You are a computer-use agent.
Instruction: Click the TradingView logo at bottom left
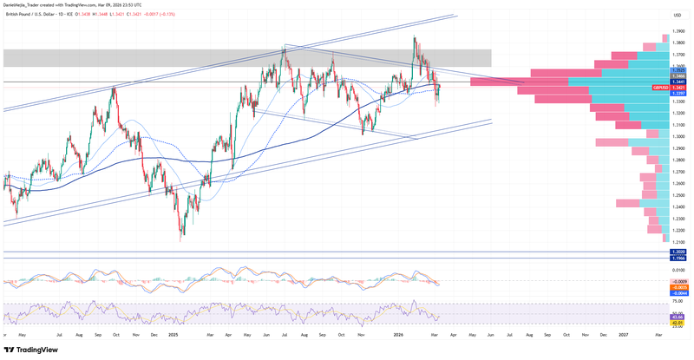click(x=35, y=350)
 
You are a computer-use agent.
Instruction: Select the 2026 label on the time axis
click(x=398, y=333)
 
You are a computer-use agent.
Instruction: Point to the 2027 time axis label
click(x=624, y=333)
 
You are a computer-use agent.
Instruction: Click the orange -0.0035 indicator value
click(x=679, y=286)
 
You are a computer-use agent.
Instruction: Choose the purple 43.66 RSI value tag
click(x=679, y=317)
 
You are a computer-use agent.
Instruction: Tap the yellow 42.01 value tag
click(x=679, y=322)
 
